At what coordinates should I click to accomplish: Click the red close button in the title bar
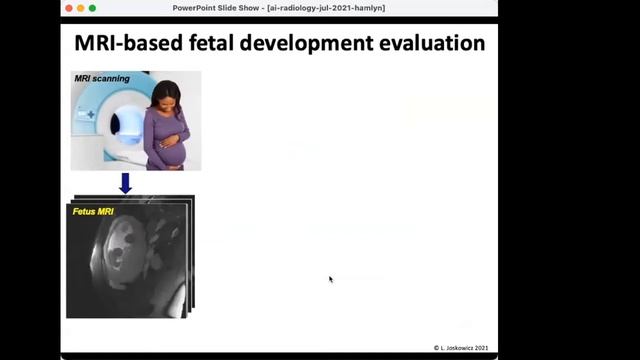pos(68,8)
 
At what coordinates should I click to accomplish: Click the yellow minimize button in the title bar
pos(80,8)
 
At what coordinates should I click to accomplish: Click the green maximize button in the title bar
pos(92,8)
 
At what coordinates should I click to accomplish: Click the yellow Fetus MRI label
pos(91,211)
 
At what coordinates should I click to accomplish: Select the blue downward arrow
pos(125,183)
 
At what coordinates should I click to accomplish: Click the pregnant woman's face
pos(166,98)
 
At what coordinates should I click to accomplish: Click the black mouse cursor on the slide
pos(331,280)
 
